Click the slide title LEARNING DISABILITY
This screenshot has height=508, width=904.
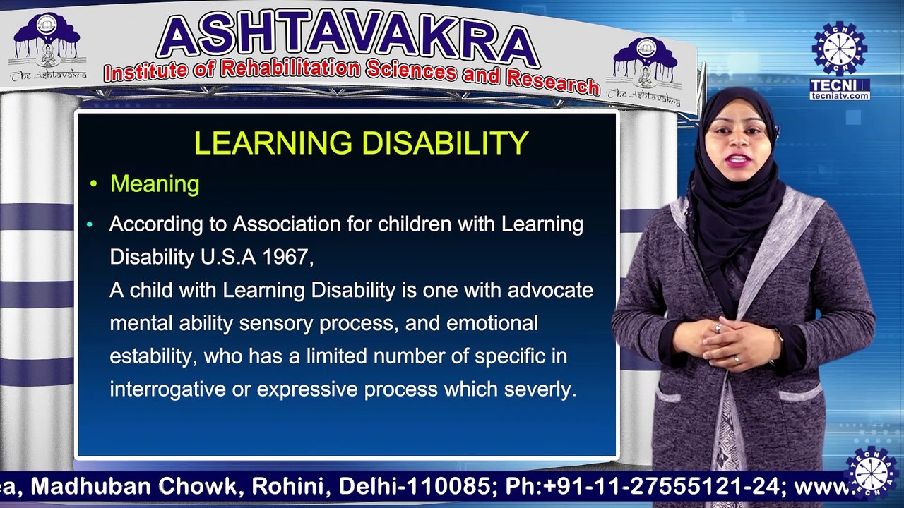pyautogui.click(x=361, y=143)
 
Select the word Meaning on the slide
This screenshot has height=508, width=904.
pyautogui.click(x=155, y=184)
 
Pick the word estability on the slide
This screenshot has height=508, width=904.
pyautogui.click(x=150, y=356)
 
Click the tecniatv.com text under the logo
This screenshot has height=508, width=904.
pyautogui.click(x=840, y=96)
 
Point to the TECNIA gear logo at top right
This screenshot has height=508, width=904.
pyautogui.click(x=840, y=49)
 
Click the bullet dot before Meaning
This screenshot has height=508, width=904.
pyautogui.click(x=93, y=185)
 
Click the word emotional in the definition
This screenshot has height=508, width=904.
pyautogui.click(x=492, y=323)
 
